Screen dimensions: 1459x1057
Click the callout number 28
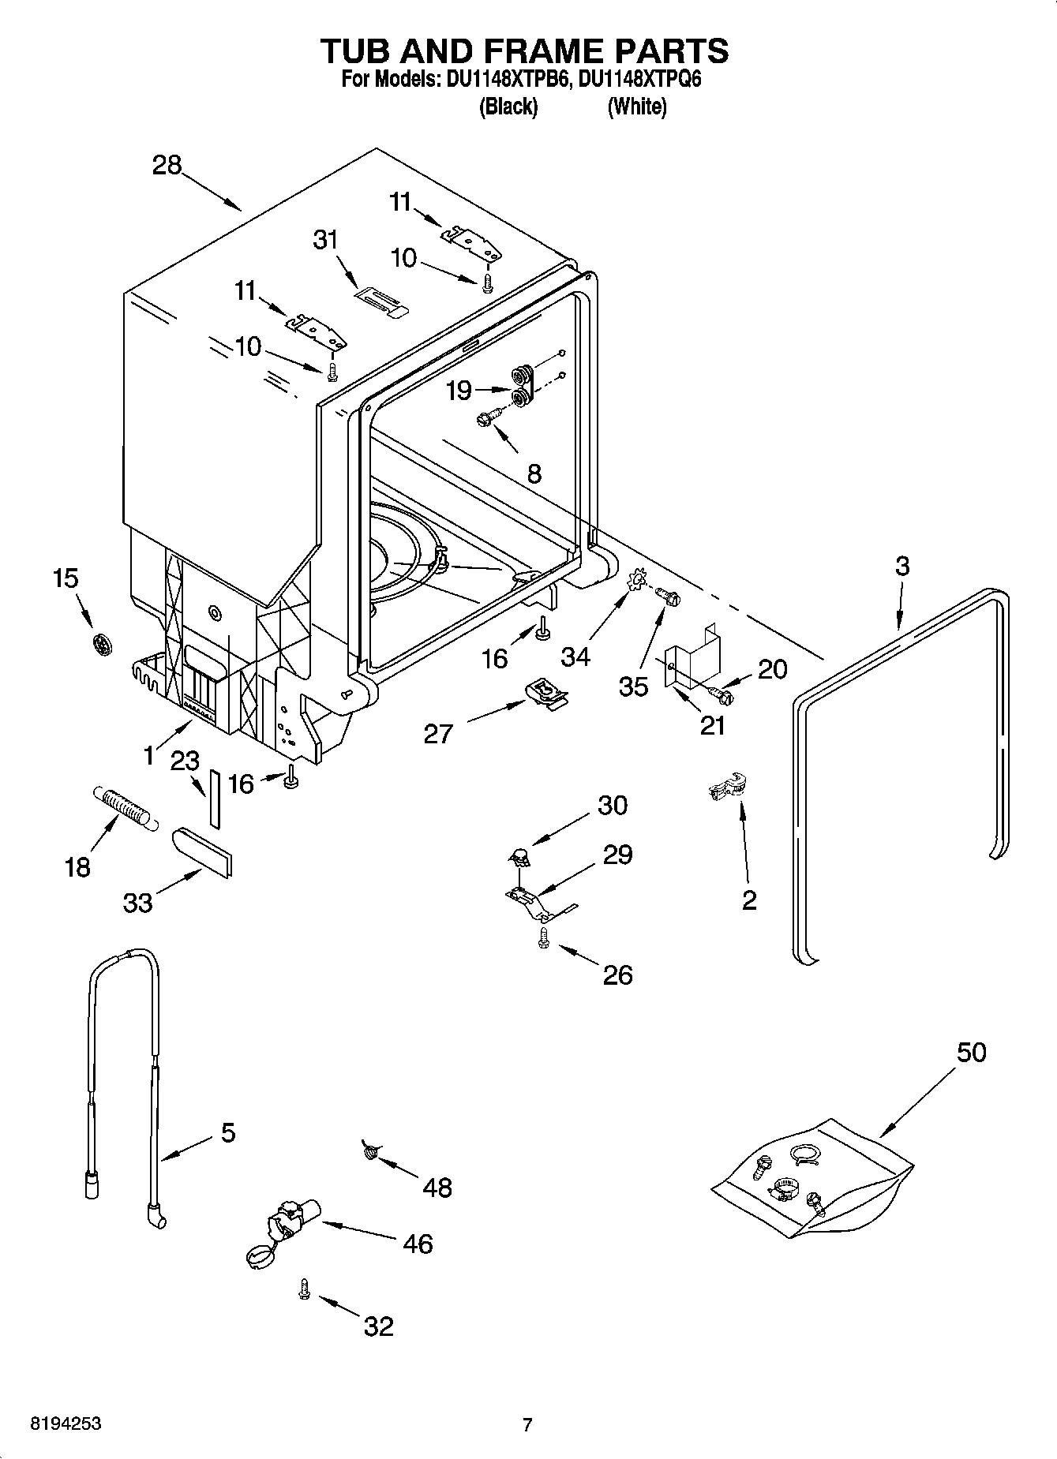point(167,166)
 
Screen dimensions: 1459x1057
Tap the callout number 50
point(971,1052)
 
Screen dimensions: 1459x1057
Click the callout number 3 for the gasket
point(901,566)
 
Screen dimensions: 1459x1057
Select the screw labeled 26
point(543,937)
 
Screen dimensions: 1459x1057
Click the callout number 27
point(438,734)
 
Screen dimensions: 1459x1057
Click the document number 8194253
point(65,1424)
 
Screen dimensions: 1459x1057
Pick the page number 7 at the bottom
point(527,1424)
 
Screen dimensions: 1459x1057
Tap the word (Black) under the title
point(508,107)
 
